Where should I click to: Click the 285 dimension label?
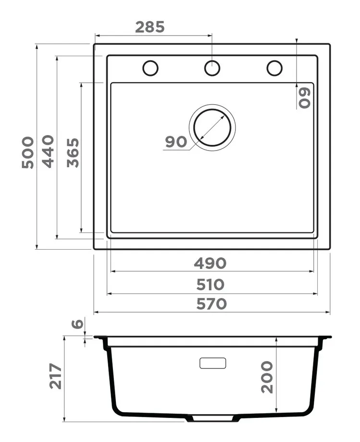(149, 27)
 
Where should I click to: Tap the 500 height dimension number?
(28, 152)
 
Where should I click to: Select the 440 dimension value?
(48, 152)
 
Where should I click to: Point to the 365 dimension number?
(73, 152)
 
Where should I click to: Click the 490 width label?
(210, 263)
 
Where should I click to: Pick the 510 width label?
(211, 284)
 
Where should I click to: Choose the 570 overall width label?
(211, 303)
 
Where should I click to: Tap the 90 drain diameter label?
(176, 141)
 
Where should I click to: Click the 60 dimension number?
(305, 98)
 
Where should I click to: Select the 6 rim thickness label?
(78, 323)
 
